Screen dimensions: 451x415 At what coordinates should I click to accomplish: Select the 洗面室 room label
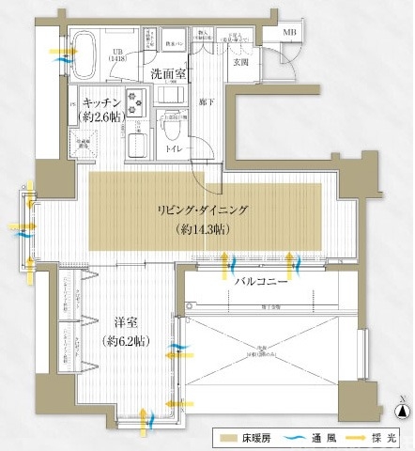point(168,72)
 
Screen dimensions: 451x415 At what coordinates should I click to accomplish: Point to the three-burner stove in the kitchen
point(133,98)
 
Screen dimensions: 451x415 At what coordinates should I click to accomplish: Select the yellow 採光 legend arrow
point(359,439)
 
